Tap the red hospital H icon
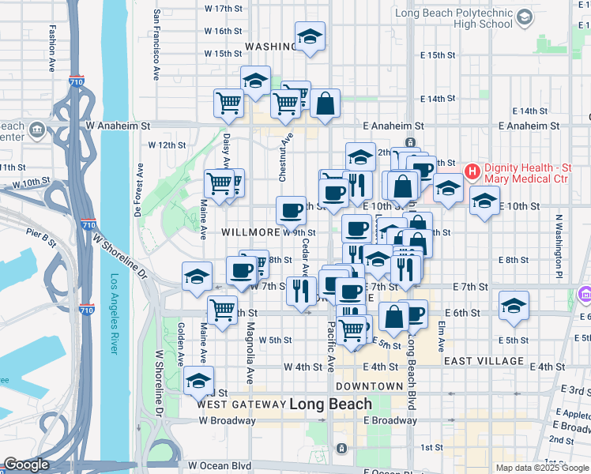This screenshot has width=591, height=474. (x=472, y=171)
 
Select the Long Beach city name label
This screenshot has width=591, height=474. (x=330, y=404)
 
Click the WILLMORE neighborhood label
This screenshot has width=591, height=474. (x=250, y=232)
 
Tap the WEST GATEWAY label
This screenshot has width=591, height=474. (x=240, y=404)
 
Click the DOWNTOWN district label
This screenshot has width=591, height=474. (x=369, y=386)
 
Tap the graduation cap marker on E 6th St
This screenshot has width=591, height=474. (x=514, y=306)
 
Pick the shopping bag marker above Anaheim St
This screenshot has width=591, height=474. (x=325, y=103)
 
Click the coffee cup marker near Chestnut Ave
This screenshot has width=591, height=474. (x=291, y=210)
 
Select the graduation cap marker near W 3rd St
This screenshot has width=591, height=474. (x=199, y=380)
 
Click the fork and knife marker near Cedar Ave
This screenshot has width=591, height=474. (x=301, y=291)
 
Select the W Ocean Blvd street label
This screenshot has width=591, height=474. (x=220, y=466)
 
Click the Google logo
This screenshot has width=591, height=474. (x=26, y=465)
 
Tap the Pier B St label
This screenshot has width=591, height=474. (x=41, y=233)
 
